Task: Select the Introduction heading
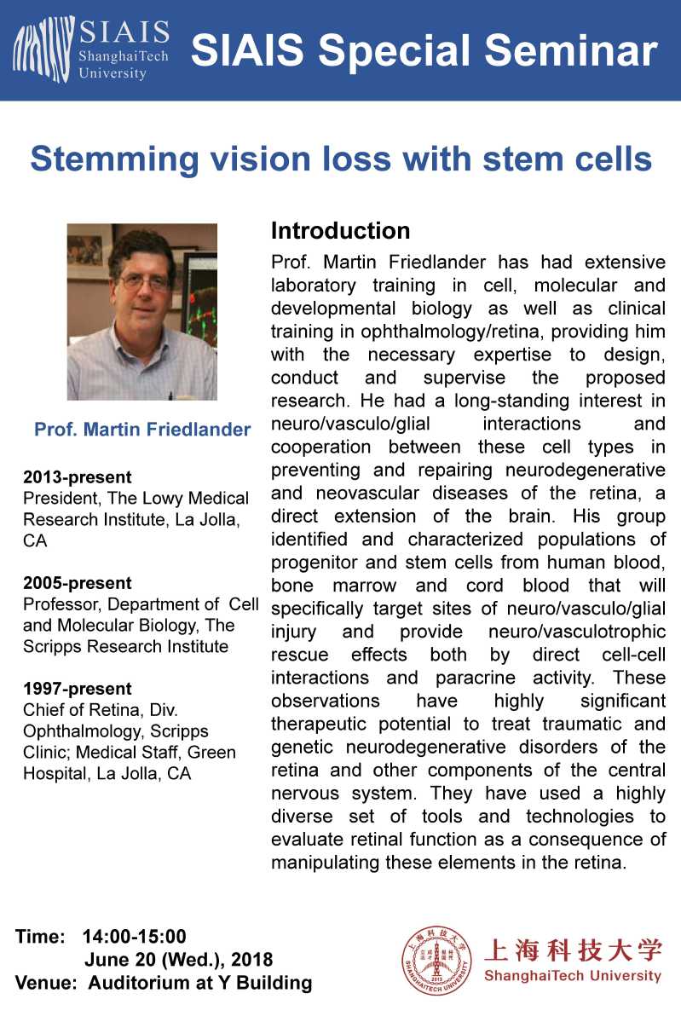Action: click(340, 231)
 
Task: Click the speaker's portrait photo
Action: click(142, 312)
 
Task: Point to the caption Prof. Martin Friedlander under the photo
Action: click(142, 430)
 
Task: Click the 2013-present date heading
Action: click(78, 477)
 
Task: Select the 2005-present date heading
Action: click(78, 583)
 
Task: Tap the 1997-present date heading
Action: click(78, 689)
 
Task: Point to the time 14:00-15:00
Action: click(134, 938)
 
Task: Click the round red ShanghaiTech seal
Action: click(437, 960)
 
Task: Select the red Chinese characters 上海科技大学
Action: click(572, 949)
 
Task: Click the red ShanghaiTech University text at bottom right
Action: click(572, 976)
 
